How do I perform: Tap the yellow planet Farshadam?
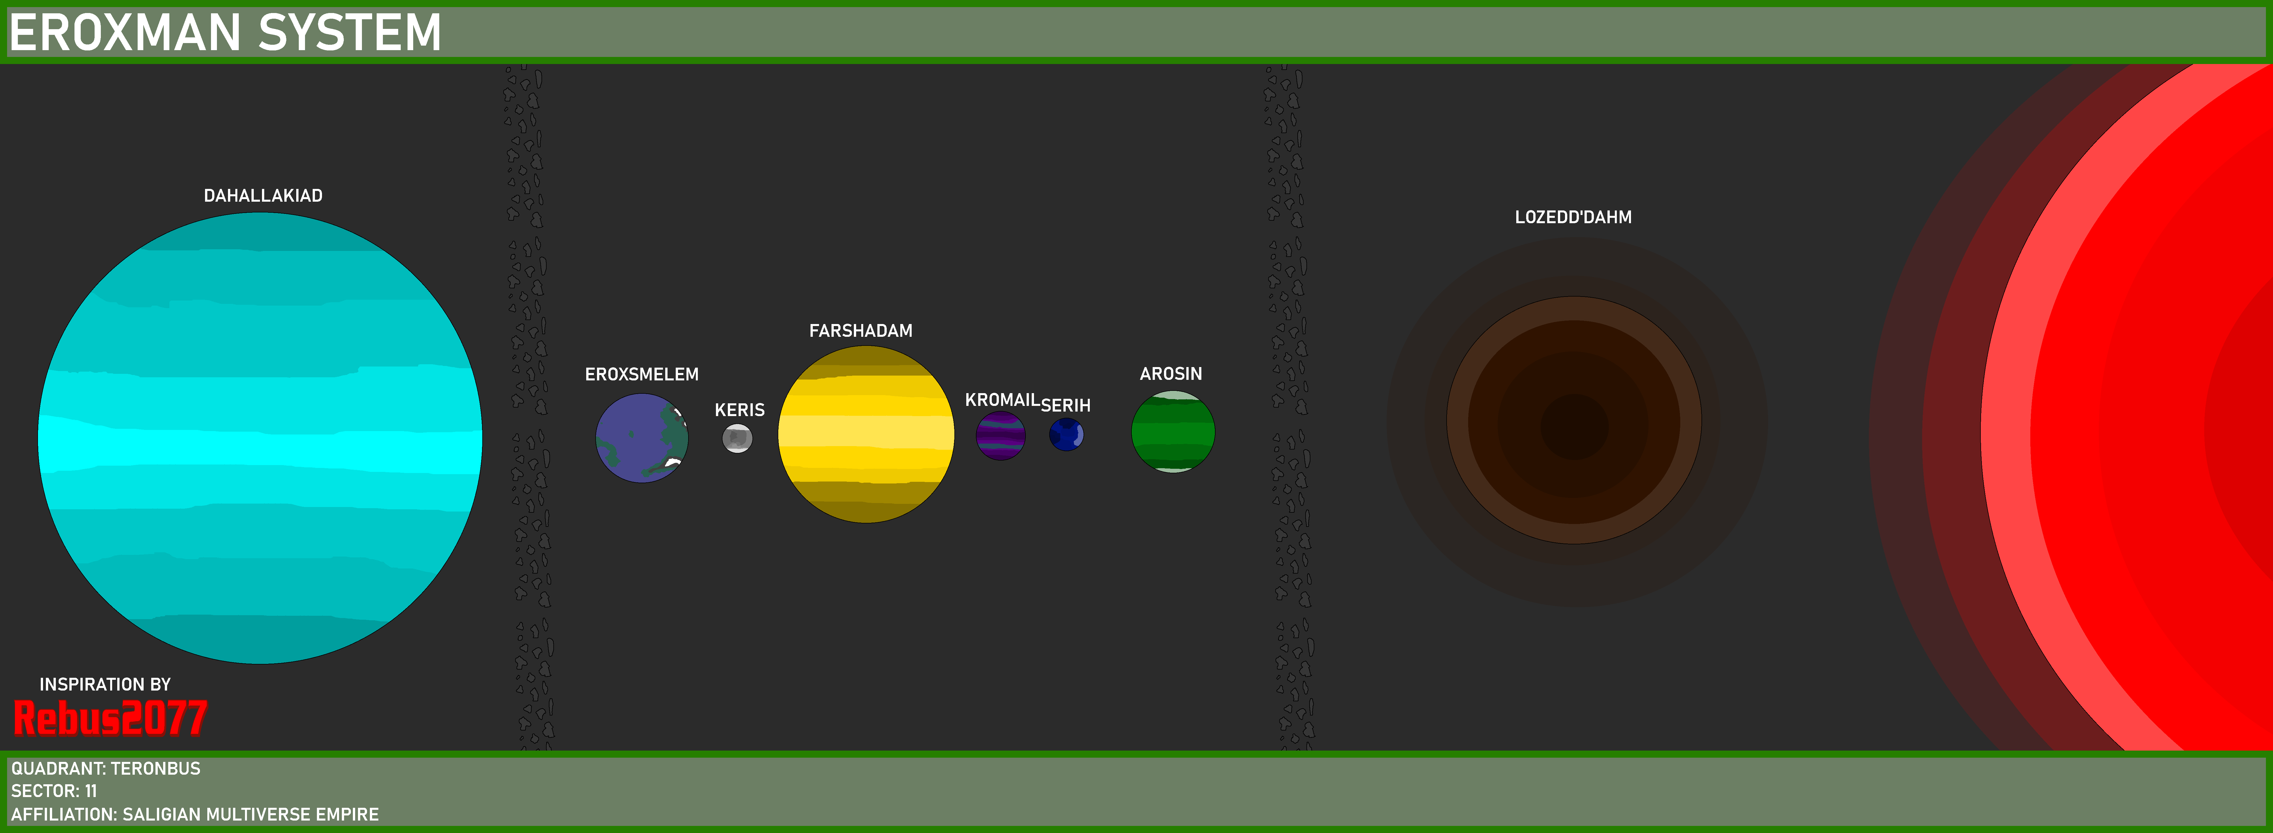pos(865,434)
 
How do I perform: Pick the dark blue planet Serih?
pos(1066,434)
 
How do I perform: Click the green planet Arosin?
pos(1173,431)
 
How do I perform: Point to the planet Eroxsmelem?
pos(641,438)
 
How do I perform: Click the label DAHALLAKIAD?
pos(263,196)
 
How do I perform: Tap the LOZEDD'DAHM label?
pos(1573,217)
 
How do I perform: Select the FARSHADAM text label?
pos(860,331)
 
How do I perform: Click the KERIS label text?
pos(739,410)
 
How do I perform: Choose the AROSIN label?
pos(1171,374)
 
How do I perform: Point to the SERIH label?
pos(1066,406)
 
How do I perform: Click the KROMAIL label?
pos(1002,400)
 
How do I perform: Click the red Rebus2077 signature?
pos(110,717)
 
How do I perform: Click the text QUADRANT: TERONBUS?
pos(106,769)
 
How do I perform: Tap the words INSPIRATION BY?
pos(105,685)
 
